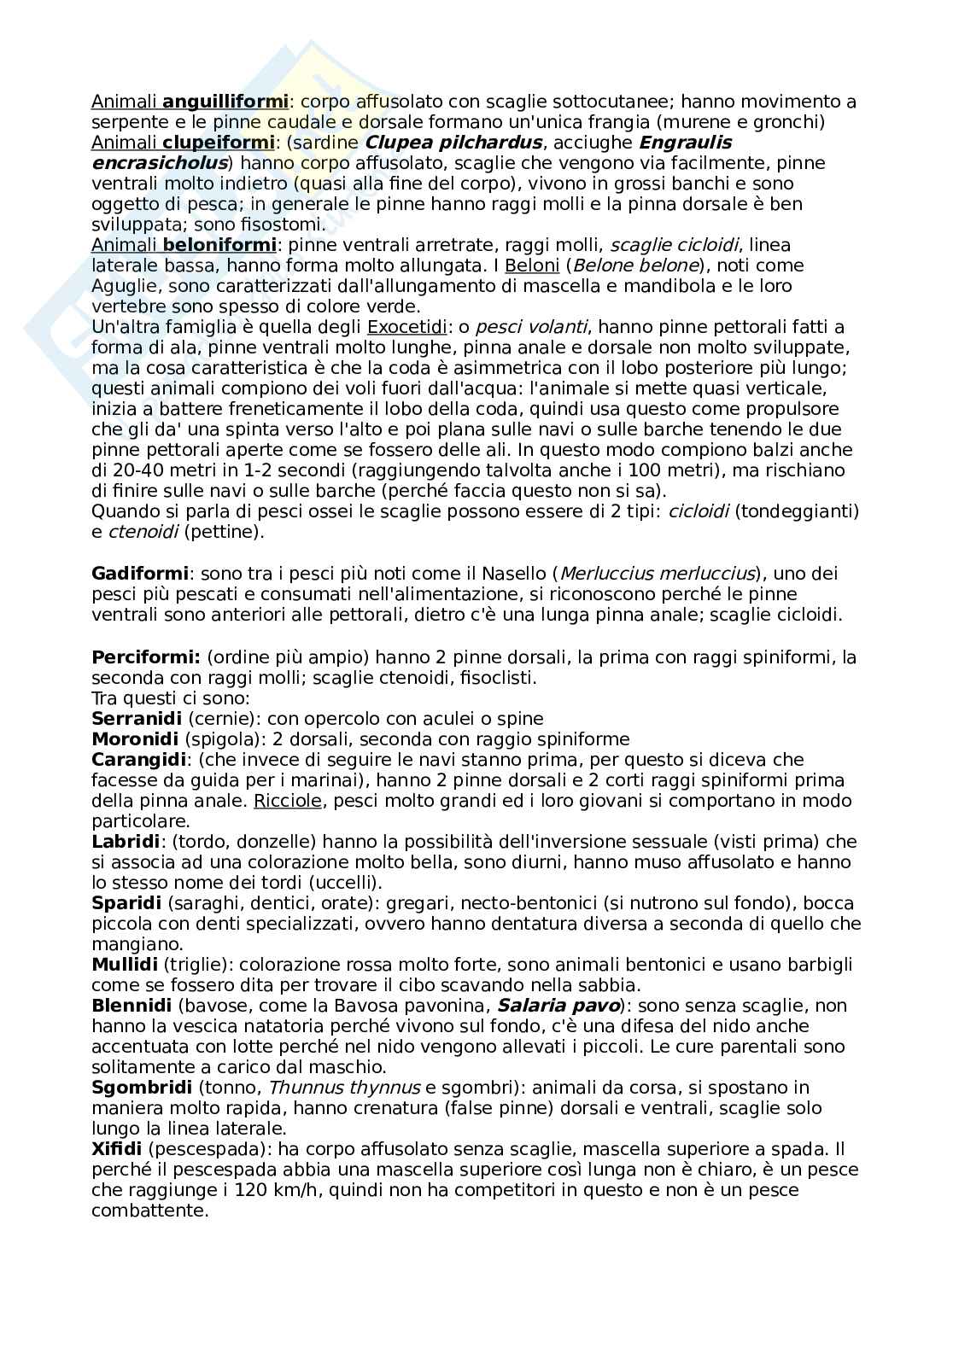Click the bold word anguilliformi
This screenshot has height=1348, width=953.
225,102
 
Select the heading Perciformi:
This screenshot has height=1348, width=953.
145,657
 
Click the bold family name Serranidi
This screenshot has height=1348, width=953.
137,719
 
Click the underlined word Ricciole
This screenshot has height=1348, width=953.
288,801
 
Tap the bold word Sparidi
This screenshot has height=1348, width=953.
127,903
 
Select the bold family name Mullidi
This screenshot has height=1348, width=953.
125,965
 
